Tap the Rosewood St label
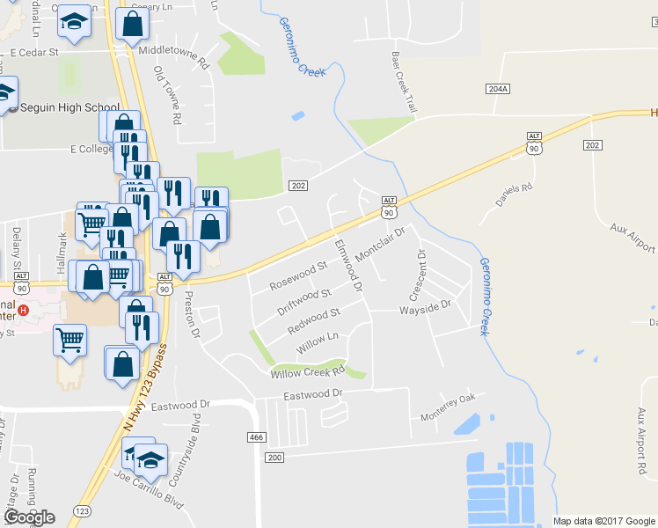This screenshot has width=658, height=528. pyautogui.click(x=297, y=275)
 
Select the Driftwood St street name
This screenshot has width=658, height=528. pyautogui.click(x=303, y=301)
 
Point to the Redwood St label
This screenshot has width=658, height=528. pyautogui.click(x=314, y=320)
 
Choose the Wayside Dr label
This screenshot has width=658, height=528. pyautogui.click(x=425, y=307)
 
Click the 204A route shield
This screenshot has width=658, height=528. pyautogui.click(x=497, y=90)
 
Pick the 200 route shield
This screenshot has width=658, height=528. pyautogui.click(x=275, y=458)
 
